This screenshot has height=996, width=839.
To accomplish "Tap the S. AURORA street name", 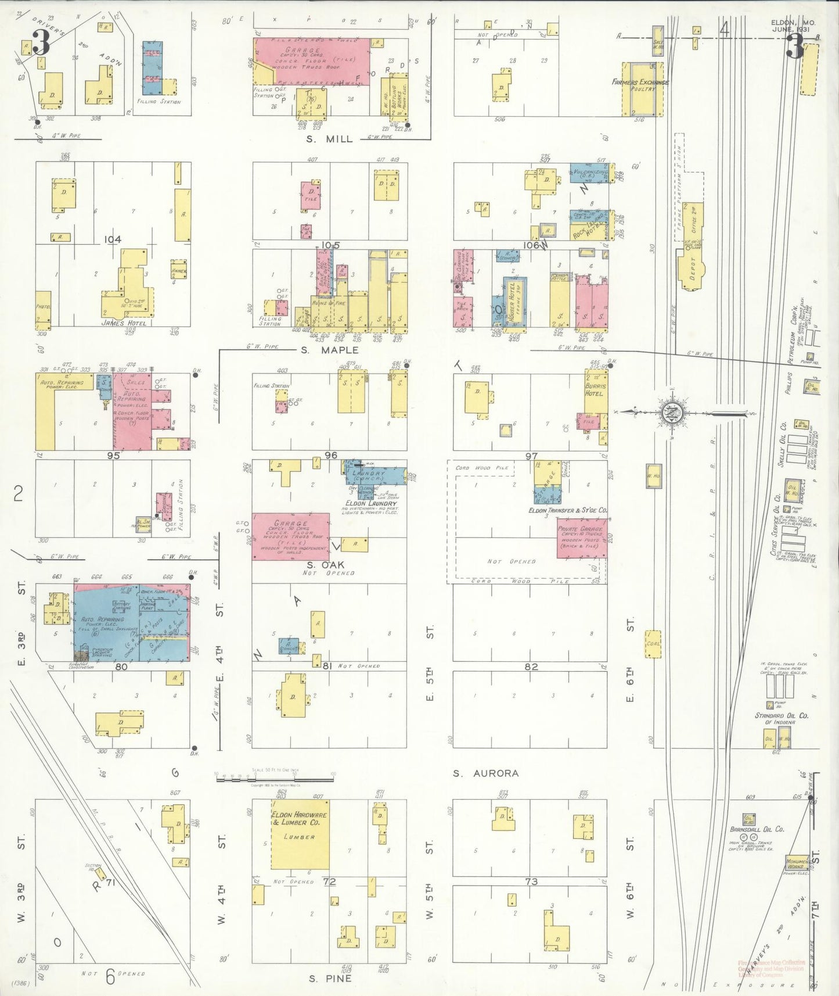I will (485, 773).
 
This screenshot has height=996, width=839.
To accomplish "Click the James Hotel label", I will (124, 323).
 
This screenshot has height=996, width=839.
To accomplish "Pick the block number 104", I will (113, 239).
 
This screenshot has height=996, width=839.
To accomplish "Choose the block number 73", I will (531, 882).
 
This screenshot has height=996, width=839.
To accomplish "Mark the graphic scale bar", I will (274, 779).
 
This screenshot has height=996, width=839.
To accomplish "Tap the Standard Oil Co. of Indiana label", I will (781, 719).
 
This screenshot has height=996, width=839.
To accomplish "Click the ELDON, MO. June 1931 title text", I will (793, 26).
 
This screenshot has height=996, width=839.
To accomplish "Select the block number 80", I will (121, 667).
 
